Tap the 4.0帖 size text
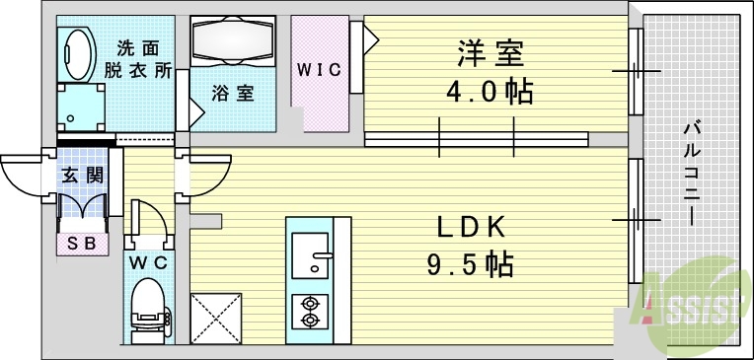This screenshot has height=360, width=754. click(x=490, y=92)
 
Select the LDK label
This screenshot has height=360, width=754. click(x=472, y=227)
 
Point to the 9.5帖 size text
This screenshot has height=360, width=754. click(x=472, y=264)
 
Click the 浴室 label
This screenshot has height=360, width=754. click(x=232, y=94)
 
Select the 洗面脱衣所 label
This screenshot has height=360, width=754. click(x=138, y=59)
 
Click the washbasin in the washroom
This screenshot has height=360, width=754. click(x=75, y=49)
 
